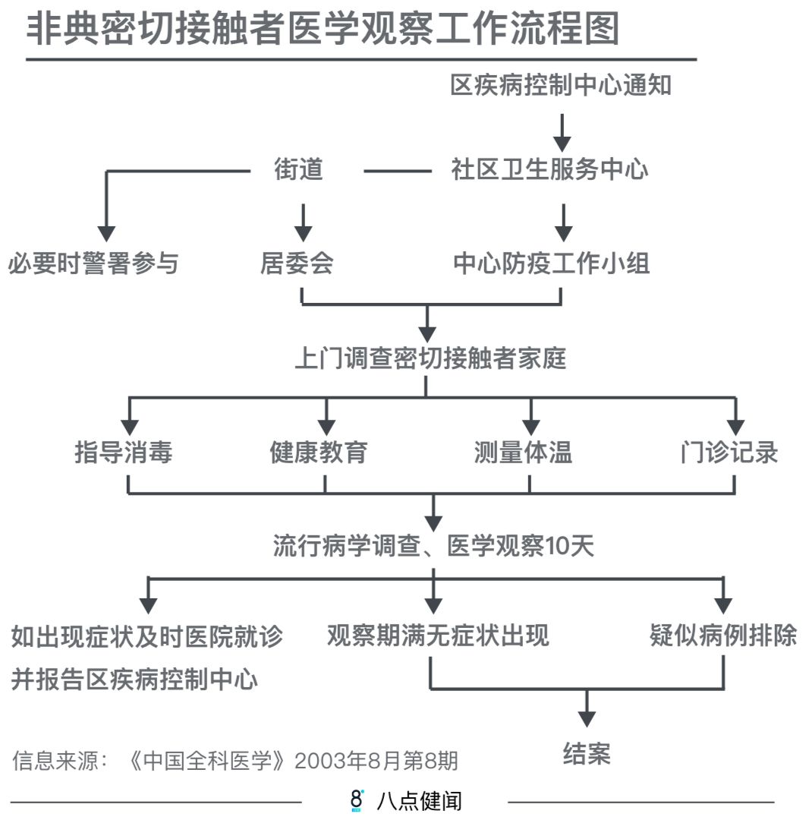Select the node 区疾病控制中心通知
click(x=561, y=85)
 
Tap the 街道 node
click(x=299, y=169)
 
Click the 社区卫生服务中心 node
click(x=550, y=169)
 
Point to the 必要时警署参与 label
click(x=93, y=264)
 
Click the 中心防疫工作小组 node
click(x=552, y=264)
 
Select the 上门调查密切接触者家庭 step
click(x=430, y=358)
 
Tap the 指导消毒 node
click(x=124, y=453)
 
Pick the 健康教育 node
click(x=319, y=453)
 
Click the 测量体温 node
click(x=523, y=453)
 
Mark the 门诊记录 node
click(x=729, y=453)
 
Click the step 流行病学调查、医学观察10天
click(x=433, y=547)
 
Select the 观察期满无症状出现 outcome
click(x=438, y=635)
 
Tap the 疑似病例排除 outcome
click(x=723, y=635)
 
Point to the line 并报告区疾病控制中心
click(x=134, y=679)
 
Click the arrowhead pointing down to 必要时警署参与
click(x=107, y=233)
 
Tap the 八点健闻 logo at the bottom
click(x=406, y=800)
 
